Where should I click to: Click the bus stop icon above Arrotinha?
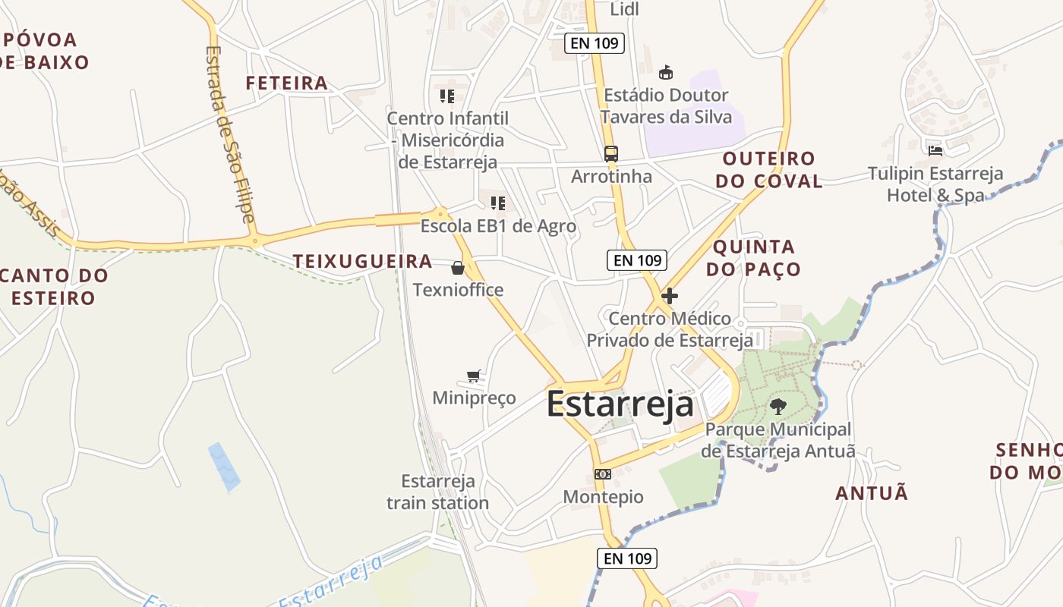point(611,154)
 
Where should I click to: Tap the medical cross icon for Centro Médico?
point(670,296)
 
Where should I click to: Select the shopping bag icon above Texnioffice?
point(458,268)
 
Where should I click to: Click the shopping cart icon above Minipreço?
point(475,376)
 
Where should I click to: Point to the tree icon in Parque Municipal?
point(778,407)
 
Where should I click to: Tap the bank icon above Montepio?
point(603,474)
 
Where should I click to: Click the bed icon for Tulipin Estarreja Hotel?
point(935,150)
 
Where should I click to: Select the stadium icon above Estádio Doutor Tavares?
point(666,73)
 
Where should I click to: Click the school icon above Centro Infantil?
point(446,96)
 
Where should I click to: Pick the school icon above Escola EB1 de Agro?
point(498,203)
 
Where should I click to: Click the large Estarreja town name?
point(620,404)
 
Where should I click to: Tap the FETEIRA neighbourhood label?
point(287,83)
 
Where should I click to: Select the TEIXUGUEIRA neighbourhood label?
point(363,262)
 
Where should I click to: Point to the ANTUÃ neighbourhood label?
point(872,494)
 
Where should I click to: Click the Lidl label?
point(625,9)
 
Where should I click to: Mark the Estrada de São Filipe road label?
point(229,134)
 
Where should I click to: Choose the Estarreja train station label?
point(438,492)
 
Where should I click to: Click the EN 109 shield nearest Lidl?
point(595,43)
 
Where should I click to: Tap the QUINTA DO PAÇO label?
point(753,258)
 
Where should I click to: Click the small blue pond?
point(225,466)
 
